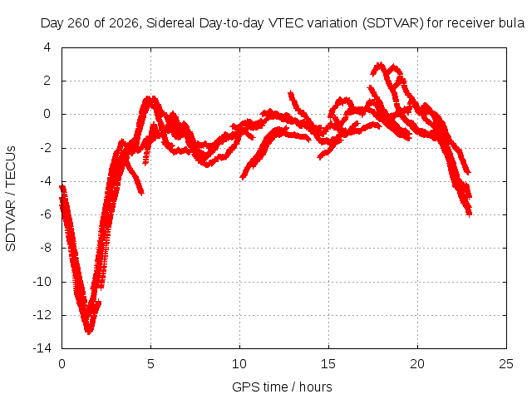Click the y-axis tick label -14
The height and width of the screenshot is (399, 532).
click(x=42, y=348)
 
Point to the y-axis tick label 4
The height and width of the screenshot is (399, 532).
click(x=47, y=47)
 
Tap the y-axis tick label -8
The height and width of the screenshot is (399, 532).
click(x=45, y=248)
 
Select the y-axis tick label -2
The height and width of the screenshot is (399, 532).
click(x=45, y=148)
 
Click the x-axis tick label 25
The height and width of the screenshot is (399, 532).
click(x=506, y=364)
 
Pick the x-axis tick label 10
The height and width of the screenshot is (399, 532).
click(x=239, y=364)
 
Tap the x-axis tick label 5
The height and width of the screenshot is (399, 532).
click(x=150, y=364)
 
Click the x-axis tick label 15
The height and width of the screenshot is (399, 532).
click(x=328, y=364)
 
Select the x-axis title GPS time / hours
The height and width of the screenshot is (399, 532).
click(x=282, y=387)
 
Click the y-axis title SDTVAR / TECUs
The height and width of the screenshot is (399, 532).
click(x=11, y=199)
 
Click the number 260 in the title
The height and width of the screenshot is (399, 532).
click(x=79, y=23)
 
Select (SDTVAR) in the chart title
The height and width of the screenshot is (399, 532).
click(x=392, y=23)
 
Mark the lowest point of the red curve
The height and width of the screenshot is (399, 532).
click(x=89, y=333)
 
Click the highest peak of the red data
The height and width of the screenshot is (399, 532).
click(x=380, y=64)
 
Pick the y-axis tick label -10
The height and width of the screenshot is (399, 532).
click(x=42, y=281)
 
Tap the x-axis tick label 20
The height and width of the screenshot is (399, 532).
click(x=417, y=364)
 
